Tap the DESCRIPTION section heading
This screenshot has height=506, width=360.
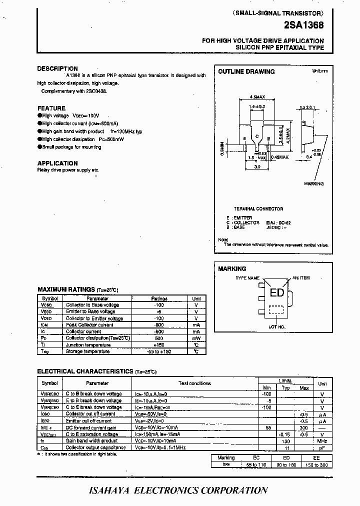[57, 68]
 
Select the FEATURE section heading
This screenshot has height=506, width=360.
[51, 108]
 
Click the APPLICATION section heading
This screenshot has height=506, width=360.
[57, 163]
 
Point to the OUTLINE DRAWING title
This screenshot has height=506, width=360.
[246, 71]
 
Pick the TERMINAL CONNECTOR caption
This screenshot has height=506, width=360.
[258, 208]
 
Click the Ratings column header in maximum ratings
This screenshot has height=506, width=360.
[159, 298]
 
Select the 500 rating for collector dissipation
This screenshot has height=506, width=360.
[159, 338]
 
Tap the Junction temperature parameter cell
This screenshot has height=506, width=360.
[88, 345]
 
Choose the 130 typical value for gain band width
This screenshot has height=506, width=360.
[285, 441]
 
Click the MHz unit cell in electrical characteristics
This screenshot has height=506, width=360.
[322, 441]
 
